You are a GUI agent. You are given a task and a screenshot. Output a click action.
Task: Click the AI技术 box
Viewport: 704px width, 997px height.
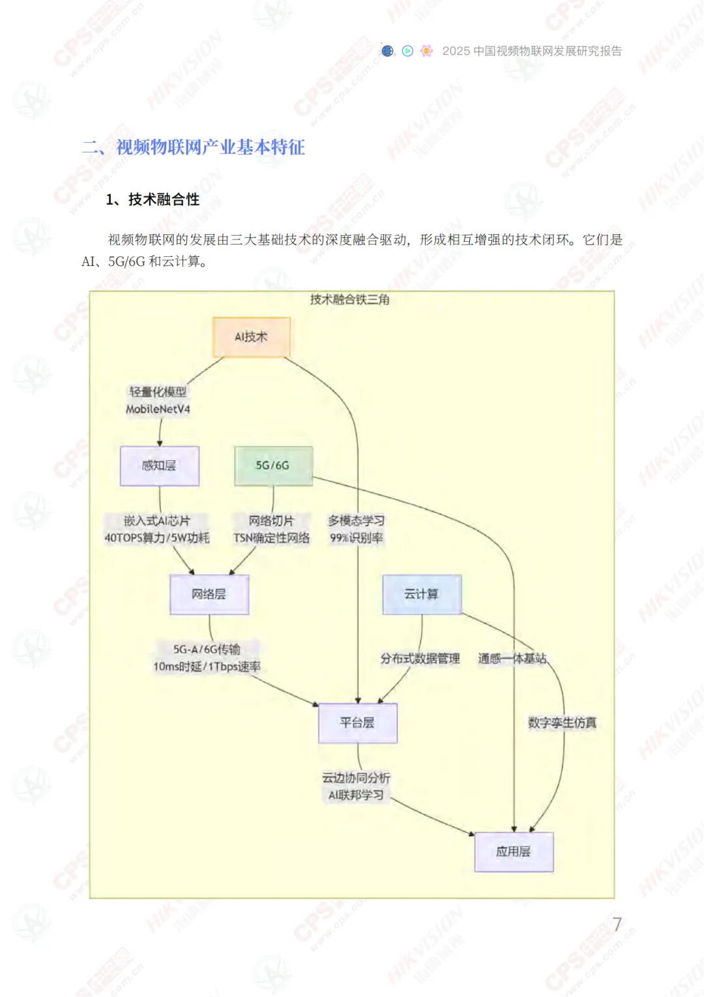coord(252,337)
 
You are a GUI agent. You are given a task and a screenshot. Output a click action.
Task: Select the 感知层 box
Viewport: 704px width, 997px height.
coord(159,466)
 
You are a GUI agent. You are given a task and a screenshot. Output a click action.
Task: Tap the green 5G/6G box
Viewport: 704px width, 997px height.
coord(273,466)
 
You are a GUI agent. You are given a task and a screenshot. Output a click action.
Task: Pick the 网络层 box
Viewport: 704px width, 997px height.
coord(209,594)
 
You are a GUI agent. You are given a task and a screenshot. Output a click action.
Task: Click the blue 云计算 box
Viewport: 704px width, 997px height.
coord(422,594)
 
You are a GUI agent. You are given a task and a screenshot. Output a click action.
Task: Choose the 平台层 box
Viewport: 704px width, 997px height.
coord(357,722)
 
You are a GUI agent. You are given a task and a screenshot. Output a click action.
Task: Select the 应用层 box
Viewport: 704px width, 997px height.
coord(514,852)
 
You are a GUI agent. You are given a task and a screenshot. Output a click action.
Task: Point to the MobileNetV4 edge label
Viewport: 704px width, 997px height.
coord(158,409)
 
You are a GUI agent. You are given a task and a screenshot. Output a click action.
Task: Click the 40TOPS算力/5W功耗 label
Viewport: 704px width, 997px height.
coord(157,538)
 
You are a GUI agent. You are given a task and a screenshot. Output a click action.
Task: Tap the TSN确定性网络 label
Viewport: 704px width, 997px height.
coord(272,538)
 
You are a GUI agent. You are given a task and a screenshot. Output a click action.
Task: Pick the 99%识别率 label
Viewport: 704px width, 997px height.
coord(357,538)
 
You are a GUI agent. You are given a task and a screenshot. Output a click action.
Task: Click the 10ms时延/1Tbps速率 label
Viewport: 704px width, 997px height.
coord(207,666)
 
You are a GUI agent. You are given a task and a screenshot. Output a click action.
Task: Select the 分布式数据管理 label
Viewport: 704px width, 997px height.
coord(420,659)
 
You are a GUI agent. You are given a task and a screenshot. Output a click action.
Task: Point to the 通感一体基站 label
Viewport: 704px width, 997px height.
coord(512,659)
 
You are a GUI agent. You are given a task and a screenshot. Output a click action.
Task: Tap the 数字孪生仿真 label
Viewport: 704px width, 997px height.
coord(562,722)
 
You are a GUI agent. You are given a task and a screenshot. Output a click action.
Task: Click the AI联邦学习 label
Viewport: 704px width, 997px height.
coord(356,795)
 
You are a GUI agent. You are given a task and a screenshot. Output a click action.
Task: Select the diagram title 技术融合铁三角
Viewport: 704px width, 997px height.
coord(350,299)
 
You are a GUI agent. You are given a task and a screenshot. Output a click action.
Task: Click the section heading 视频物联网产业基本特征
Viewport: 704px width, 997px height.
coord(211,147)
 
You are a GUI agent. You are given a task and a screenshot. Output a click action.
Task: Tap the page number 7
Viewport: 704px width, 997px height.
coord(617,924)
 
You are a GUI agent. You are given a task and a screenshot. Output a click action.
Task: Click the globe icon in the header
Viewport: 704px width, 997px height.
coord(388,51)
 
